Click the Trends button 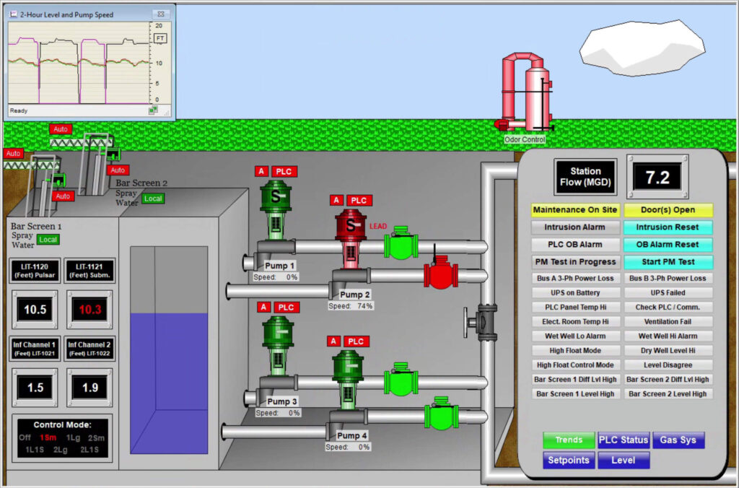click(569, 440)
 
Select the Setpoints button click(569, 460)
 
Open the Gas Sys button click(678, 440)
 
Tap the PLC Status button click(624, 440)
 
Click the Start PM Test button click(668, 262)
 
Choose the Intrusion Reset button click(668, 227)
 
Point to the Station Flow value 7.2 click(657, 176)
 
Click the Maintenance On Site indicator click(575, 210)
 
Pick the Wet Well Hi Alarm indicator click(668, 336)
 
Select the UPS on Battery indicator click(575, 292)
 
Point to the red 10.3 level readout click(90, 310)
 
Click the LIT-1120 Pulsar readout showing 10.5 click(35, 310)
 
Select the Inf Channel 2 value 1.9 click(90, 388)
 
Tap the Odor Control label click(525, 139)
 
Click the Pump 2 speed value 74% click(365, 306)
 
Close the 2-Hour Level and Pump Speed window click(163, 14)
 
